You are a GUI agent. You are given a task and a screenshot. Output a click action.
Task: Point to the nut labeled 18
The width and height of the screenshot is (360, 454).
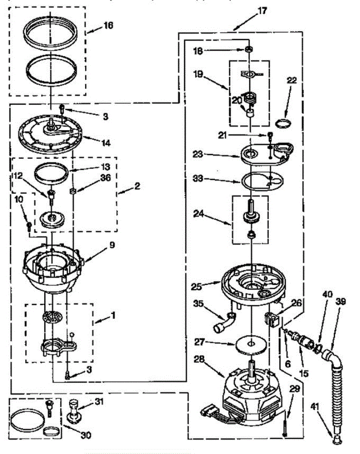tap(248, 49)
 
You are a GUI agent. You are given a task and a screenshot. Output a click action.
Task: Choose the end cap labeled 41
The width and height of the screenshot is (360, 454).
tap(336, 439)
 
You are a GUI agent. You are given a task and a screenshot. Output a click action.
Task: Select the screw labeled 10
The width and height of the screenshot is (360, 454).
tap(29, 225)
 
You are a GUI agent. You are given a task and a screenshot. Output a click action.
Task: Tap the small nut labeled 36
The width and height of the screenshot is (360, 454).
tap(73, 191)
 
